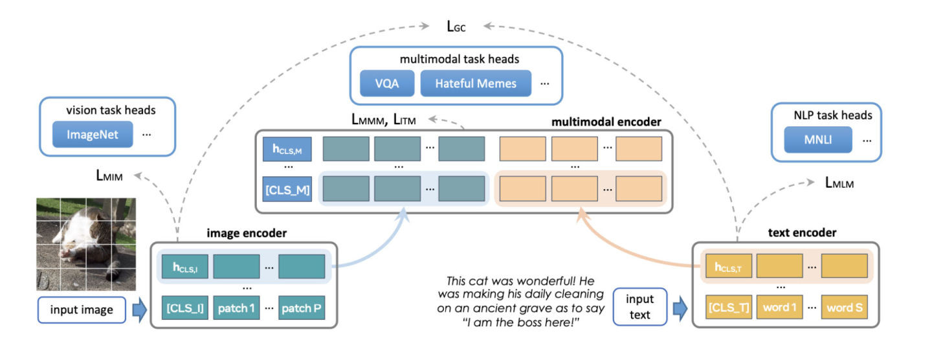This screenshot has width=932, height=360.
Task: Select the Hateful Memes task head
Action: click(476, 84)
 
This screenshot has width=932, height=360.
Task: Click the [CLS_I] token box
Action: click(183, 308)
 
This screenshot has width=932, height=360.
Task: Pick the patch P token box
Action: click(301, 308)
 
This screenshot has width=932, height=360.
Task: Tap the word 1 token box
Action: click(779, 308)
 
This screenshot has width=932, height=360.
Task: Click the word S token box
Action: click(845, 308)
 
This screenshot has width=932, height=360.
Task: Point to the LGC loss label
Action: click(456, 27)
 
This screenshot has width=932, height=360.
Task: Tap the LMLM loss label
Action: click(839, 183)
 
